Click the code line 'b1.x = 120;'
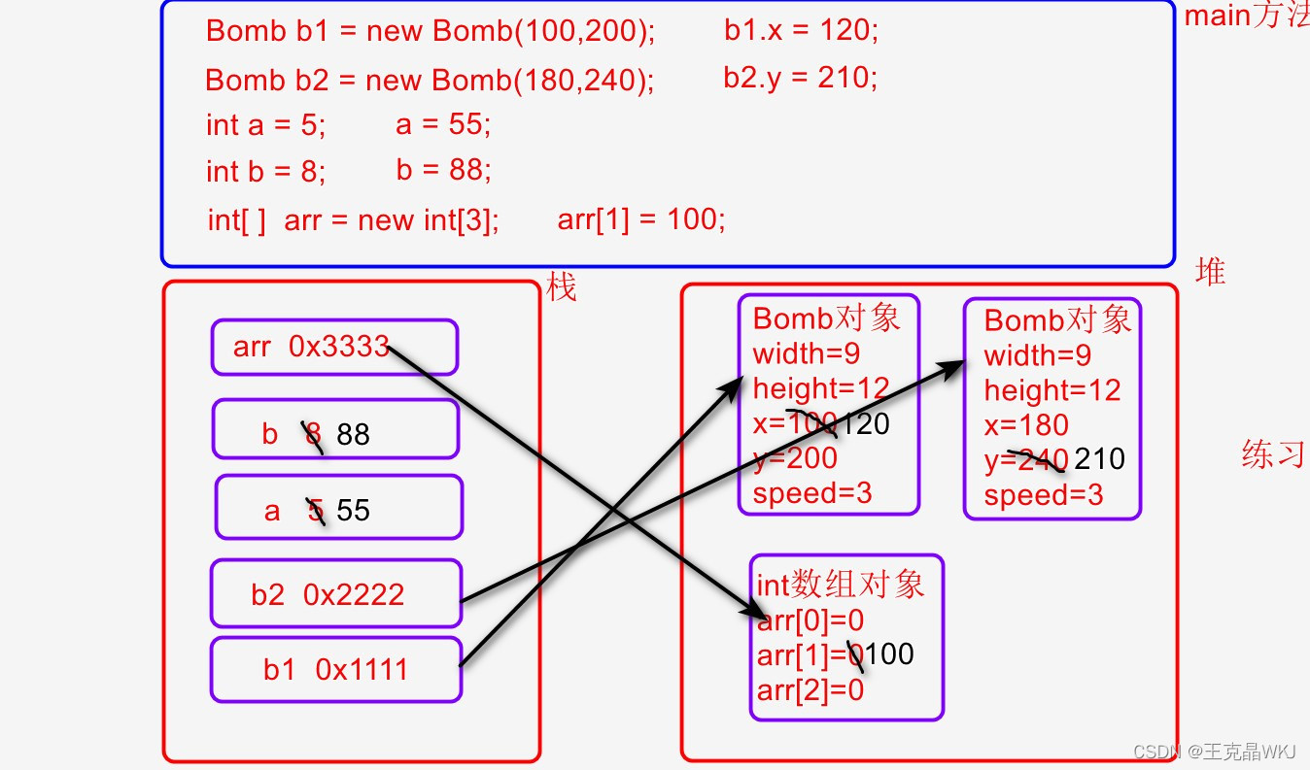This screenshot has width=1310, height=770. pos(801,31)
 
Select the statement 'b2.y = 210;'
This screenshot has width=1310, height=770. pos(800,78)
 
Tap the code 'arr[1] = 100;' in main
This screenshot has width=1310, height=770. pos(641,219)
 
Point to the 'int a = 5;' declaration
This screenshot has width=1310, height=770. pos(265,125)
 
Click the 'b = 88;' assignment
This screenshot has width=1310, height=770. pos(443,171)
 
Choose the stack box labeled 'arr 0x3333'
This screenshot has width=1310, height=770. pos(333,348)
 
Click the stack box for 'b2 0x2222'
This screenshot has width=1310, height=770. pos(335,593)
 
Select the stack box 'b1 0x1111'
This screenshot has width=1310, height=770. pos(335,670)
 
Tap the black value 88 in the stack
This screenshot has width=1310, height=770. pos(354,435)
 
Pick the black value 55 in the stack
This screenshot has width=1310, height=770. pos(354,511)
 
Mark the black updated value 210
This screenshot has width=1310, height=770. pos(1099,458)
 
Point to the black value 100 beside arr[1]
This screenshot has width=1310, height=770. pos(889,654)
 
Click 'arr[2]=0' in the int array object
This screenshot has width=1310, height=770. pos(810,690)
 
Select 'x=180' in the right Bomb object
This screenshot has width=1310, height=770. pos(1026,425)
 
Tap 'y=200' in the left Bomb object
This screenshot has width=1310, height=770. pos(795,458)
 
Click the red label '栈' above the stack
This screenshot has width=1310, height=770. pos(562,286)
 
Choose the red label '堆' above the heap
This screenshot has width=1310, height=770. pos(1210,272)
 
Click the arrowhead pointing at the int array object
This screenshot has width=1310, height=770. pos(755,611)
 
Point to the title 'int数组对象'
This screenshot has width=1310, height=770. pos(841,585)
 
